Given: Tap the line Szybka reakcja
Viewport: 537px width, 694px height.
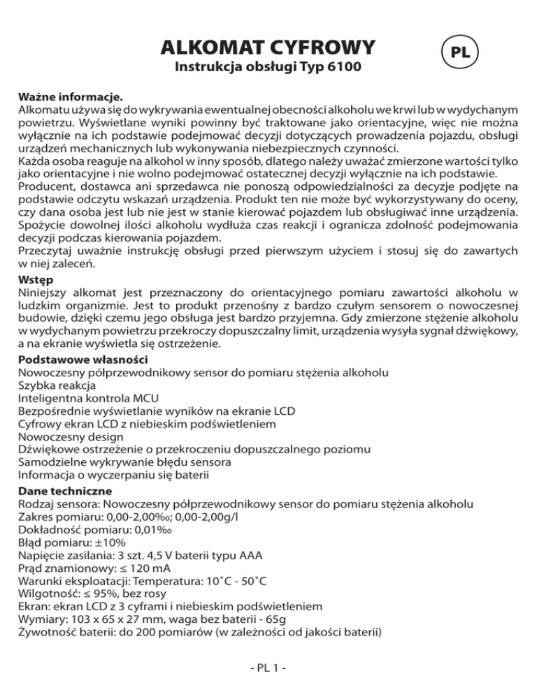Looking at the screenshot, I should [57, 385].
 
